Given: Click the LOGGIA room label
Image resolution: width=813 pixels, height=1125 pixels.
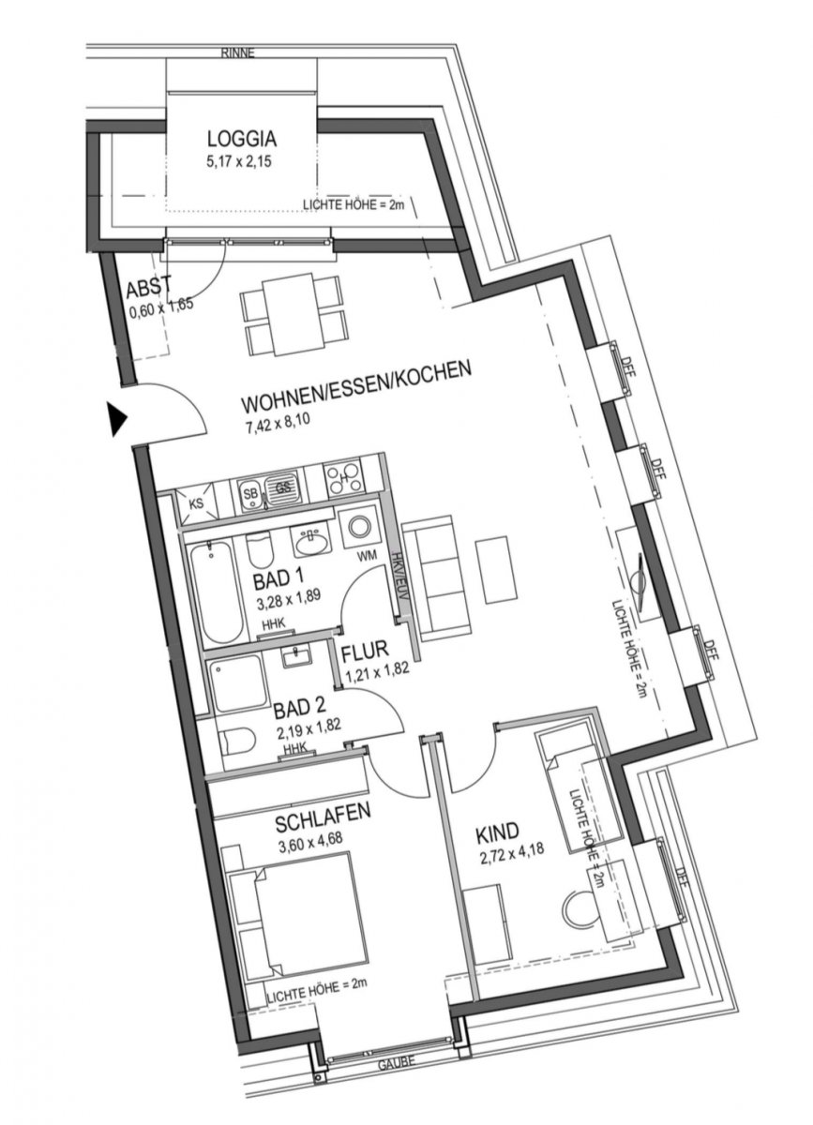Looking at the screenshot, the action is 242,139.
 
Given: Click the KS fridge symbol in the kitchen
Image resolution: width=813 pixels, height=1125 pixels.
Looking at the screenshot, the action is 196,502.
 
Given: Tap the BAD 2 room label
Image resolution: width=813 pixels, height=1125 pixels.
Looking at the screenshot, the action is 299,708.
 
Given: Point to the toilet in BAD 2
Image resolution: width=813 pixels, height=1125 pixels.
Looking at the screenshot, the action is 237,743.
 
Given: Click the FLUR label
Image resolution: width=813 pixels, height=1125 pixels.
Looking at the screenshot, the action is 365,652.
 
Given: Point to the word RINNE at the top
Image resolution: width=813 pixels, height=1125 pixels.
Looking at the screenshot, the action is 238,52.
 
